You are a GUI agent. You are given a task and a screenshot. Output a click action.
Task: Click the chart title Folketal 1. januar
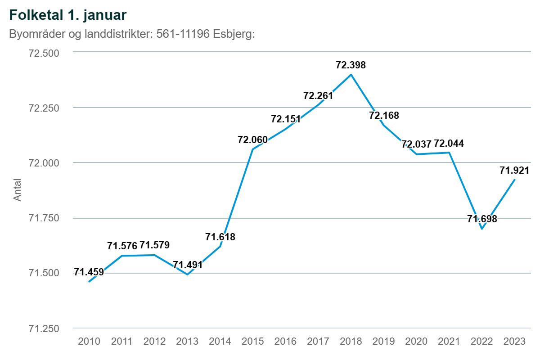coord(67,14)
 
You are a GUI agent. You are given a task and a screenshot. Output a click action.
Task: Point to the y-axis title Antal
coord(17,190)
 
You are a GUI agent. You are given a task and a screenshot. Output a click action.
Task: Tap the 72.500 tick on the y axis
coord(44,53)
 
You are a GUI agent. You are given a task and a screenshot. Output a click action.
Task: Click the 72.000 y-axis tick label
coord(44,163)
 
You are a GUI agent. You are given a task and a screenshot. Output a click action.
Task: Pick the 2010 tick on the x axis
coord(89,342)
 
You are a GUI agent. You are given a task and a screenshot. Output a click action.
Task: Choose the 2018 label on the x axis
coord(351,342)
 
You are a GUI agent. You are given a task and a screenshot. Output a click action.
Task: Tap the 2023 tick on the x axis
coord(514,342)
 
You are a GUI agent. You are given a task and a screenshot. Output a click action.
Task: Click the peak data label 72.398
coord(351,65)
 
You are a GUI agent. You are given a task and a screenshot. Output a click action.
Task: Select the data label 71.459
coord(89,272)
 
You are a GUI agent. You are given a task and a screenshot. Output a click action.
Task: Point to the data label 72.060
coord(252,140)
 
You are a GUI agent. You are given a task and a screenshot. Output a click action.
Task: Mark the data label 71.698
coord(482,219)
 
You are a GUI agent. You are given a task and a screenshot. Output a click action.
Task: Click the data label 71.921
coord(514,171)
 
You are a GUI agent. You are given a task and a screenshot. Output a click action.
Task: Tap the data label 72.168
coord(384,116)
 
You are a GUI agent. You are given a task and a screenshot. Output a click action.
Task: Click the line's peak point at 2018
coord(351,74)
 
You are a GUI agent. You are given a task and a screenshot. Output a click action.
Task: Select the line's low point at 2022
coord(482,229)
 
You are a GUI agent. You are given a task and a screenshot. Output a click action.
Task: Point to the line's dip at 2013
coord(187,274)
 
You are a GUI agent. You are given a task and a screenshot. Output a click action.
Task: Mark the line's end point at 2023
coord(515,180)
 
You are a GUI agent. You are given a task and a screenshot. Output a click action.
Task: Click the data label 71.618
coord(220,237)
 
